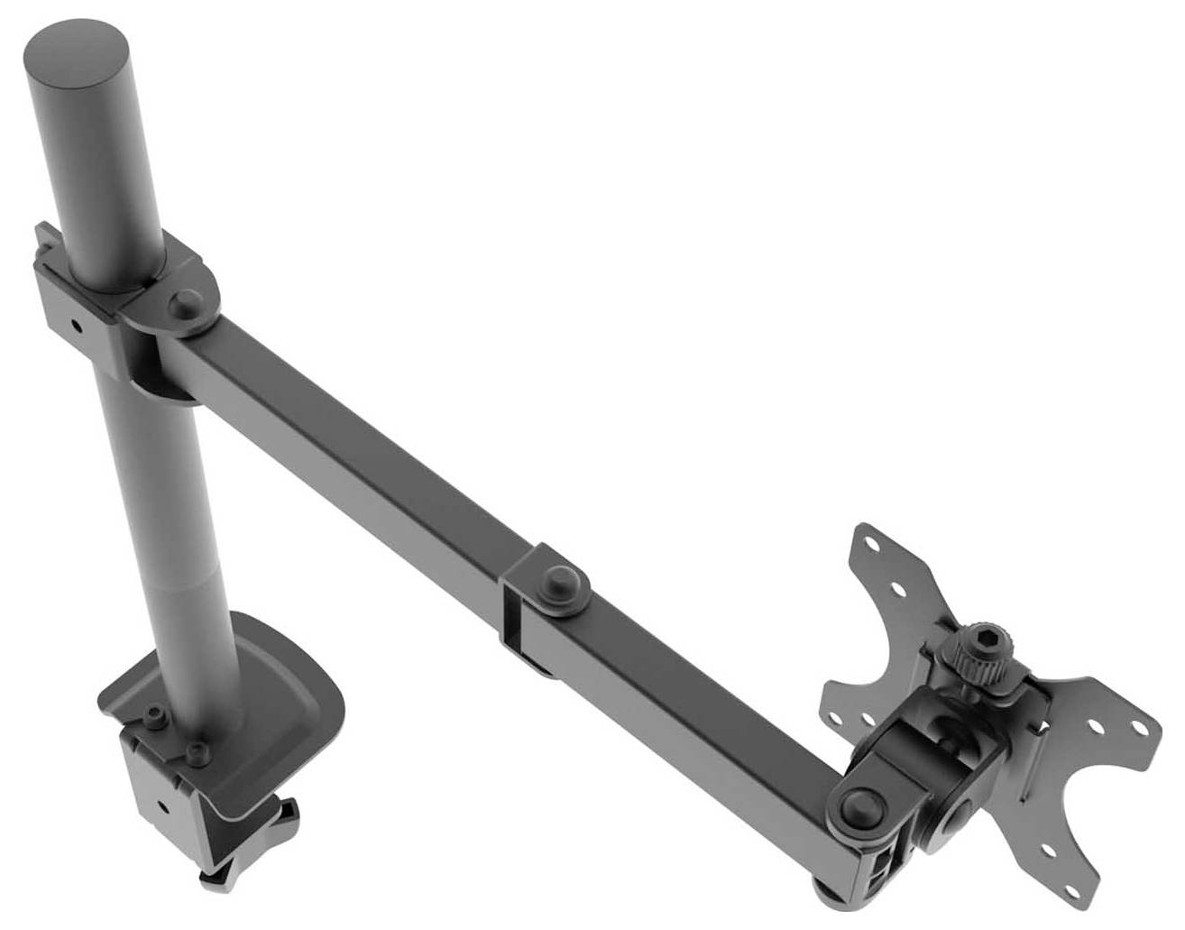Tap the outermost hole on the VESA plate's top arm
tap(871, 545)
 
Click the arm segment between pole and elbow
tap(352, 442)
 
